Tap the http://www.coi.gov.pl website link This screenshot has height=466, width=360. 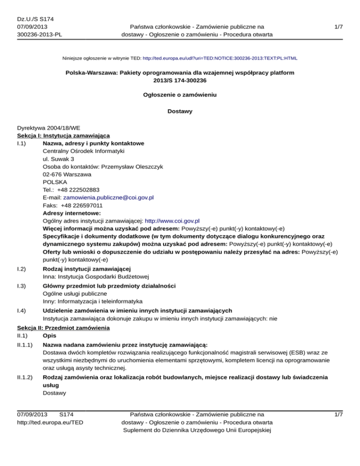[x=172, y=220]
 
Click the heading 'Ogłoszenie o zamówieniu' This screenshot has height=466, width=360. [x=180, y=95]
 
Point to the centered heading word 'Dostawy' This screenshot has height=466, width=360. [x=180, y=112]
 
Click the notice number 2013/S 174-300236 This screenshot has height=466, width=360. [x=180, y=81]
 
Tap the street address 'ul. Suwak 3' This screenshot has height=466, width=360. [x=58, y=159]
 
